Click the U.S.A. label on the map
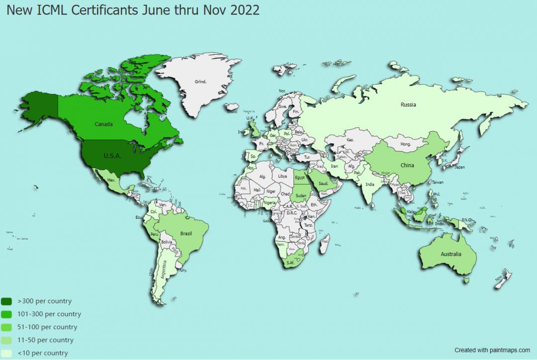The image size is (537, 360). [112, 156]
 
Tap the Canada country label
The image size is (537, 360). [103, 124]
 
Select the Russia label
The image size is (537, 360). [408, 105]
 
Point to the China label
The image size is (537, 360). [407, 166]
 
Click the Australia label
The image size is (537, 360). [451, 254]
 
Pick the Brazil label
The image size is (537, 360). [186, 233]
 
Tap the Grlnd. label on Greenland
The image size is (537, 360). [200, 82]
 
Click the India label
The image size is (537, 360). [370, 184]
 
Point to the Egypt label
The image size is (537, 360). [300, 177]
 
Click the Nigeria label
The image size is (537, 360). [269, 202]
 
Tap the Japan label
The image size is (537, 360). [460, 167]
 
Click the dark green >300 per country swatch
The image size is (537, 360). [7, 301]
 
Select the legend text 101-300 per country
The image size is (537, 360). [49, 314]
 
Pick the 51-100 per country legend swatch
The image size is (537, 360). [7, 327]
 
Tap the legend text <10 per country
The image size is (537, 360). [42, 353]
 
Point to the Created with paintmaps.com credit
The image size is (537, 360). [492, 350]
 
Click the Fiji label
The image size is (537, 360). [511, 246]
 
